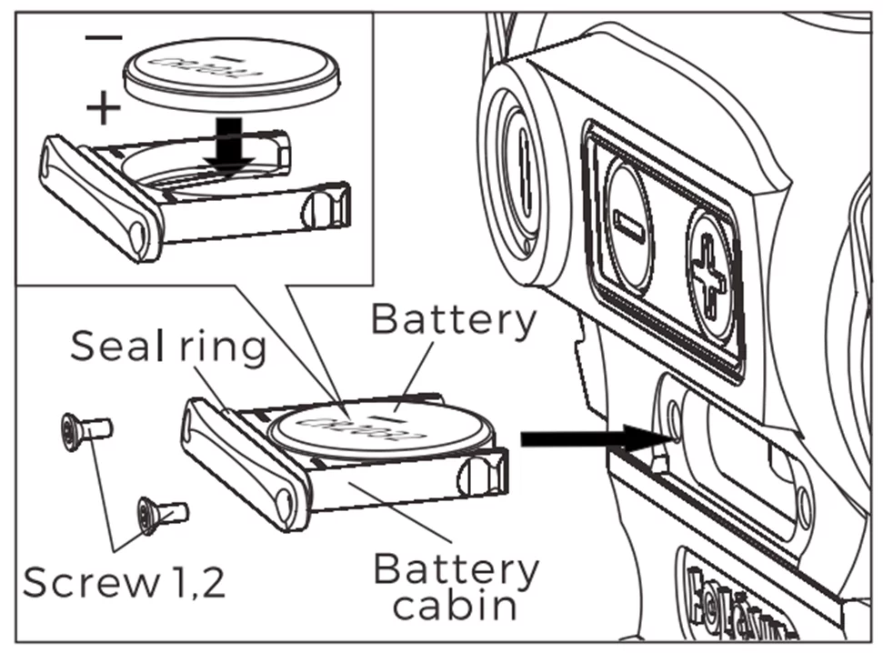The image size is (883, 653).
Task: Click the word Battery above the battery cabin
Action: (x=453, y=320)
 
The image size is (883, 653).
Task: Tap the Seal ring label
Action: (x=167, y=347)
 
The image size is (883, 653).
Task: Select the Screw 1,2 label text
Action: (x=124, y=583)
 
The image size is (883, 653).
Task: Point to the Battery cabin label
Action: (x=455, y=587)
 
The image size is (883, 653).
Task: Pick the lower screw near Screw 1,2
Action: (x=160, y=515)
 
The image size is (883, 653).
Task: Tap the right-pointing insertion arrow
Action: (x=595, y=438)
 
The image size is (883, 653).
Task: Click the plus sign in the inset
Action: (x=103, y=109)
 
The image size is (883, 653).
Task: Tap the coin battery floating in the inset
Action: (x=231, y=70)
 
